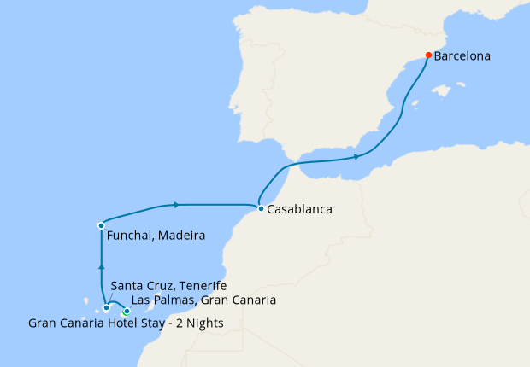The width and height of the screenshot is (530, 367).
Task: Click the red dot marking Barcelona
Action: (x=428, y=56)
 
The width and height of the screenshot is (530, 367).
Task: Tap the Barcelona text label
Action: (x=462, y=57)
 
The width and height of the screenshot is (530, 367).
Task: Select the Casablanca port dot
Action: (x=260, y=207)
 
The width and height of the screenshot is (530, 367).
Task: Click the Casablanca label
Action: (x=299, y=208)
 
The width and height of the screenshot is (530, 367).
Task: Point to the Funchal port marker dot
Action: (x=101, y=225)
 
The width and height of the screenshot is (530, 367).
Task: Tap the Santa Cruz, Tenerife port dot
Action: (x=106, y=308)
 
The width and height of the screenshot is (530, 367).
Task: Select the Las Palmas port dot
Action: (x=127, y=311)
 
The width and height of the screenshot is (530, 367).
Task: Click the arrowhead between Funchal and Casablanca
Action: (x=176, y=205)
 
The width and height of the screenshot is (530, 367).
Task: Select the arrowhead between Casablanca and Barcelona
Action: (x=356, y=156)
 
